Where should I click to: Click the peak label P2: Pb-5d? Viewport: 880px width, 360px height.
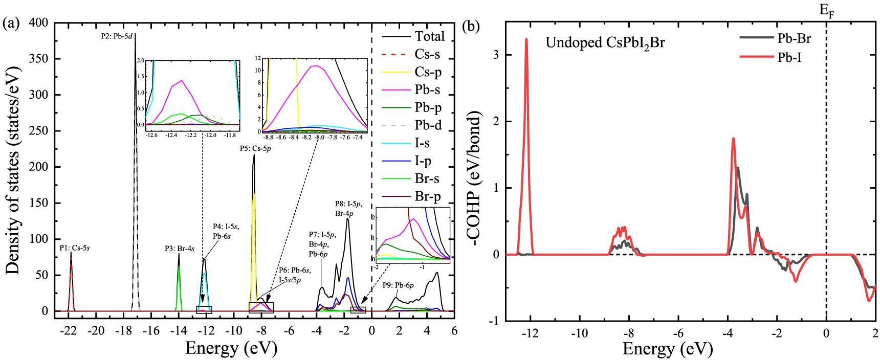(117, 36)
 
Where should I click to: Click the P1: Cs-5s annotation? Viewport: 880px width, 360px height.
(74, 248)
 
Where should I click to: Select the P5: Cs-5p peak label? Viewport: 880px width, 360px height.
(255, 149)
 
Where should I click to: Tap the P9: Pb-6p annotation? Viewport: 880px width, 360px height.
(398, 285)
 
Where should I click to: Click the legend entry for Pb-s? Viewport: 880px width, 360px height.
(427, 90)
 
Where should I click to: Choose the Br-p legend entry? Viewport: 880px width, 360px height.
(427, 197)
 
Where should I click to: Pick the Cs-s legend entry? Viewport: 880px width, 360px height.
(427, 54)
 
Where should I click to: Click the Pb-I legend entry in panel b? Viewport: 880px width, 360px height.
(789, 57)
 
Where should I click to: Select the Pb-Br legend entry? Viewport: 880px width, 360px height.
(794, 38)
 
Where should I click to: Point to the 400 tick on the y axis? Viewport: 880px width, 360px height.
(39, 23)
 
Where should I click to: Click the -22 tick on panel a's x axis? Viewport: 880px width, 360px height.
(69, 330)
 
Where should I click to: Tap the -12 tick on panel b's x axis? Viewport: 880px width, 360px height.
(530, 333)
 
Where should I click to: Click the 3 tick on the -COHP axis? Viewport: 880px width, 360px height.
(496, 55)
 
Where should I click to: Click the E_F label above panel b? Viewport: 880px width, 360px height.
(827, 10)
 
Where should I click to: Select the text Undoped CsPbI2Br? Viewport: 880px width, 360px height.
(605, 42)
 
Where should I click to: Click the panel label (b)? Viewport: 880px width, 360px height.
(471, 26)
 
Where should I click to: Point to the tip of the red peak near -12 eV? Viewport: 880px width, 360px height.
(526, 39)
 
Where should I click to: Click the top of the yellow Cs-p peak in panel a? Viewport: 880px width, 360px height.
(254, 194)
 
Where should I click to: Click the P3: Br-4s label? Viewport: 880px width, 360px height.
(179, 249)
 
